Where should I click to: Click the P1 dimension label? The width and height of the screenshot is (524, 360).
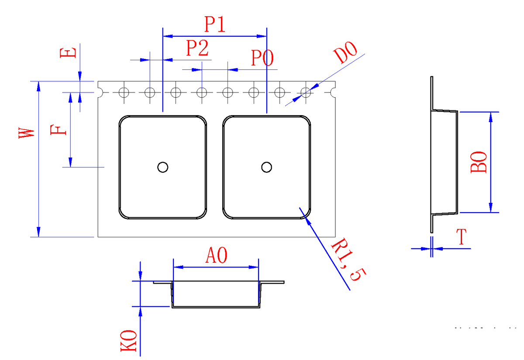click(215, 25)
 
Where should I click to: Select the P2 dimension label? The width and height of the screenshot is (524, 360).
click(197, 48)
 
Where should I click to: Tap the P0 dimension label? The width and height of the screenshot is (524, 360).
click(262, 58)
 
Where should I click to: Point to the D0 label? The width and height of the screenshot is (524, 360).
click(345, 53)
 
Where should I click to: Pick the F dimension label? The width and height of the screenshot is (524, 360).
click(59, 130)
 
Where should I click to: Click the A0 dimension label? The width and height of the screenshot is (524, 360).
click(216, 256)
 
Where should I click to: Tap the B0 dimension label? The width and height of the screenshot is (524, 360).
click(479, 162)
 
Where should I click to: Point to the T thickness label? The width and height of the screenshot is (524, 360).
click(462, 237)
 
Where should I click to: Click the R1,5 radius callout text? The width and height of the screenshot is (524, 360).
click(348, 261)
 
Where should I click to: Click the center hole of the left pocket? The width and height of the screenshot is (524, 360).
click(163, 167)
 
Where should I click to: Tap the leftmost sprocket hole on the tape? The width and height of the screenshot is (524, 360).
click(124, 93)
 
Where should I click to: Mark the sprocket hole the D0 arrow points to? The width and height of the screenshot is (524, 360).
click(306, 93)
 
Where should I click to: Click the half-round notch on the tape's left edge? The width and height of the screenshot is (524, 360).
click(100, 93)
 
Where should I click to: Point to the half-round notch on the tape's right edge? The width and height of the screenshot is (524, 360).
click(334, 93)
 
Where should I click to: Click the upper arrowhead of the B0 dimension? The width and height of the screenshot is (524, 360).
click(491, 116)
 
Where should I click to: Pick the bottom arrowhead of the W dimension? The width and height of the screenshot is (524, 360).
click(39, 232)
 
